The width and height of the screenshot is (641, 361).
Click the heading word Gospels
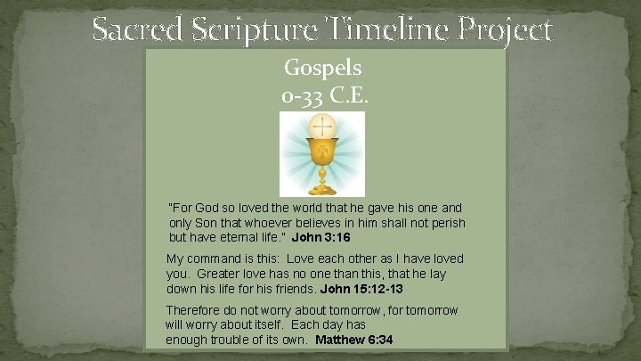(x=321, y=67)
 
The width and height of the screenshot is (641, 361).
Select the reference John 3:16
(x=321, y=238)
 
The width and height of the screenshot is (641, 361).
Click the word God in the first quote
(x=209, y=208)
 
